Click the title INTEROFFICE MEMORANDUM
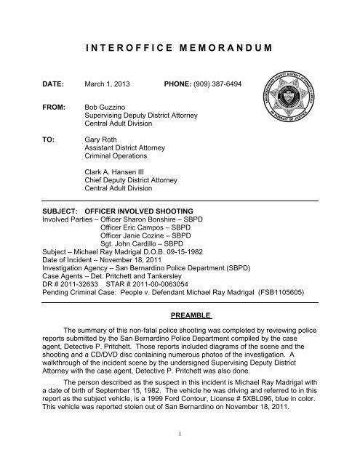point(180,47)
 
